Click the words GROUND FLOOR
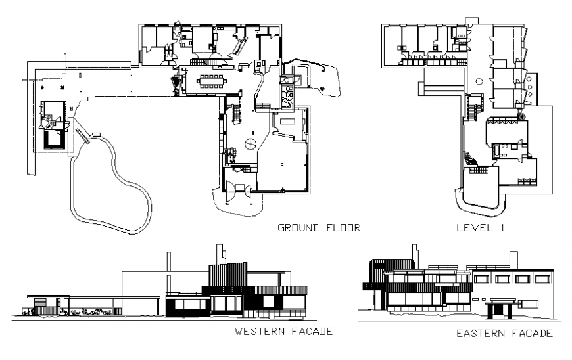pyautogui.click(x=319, y=228)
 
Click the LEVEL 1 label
pyautogui.click(x=483, y=228)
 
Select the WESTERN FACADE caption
pyautogui.click(x=283, y=332)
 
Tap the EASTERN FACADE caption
pyautogui.click(x=504, y=334)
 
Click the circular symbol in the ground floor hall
pyautogui.click(x=250, y=143)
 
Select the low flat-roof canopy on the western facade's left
pyautogui.click(x=92, y=297)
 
